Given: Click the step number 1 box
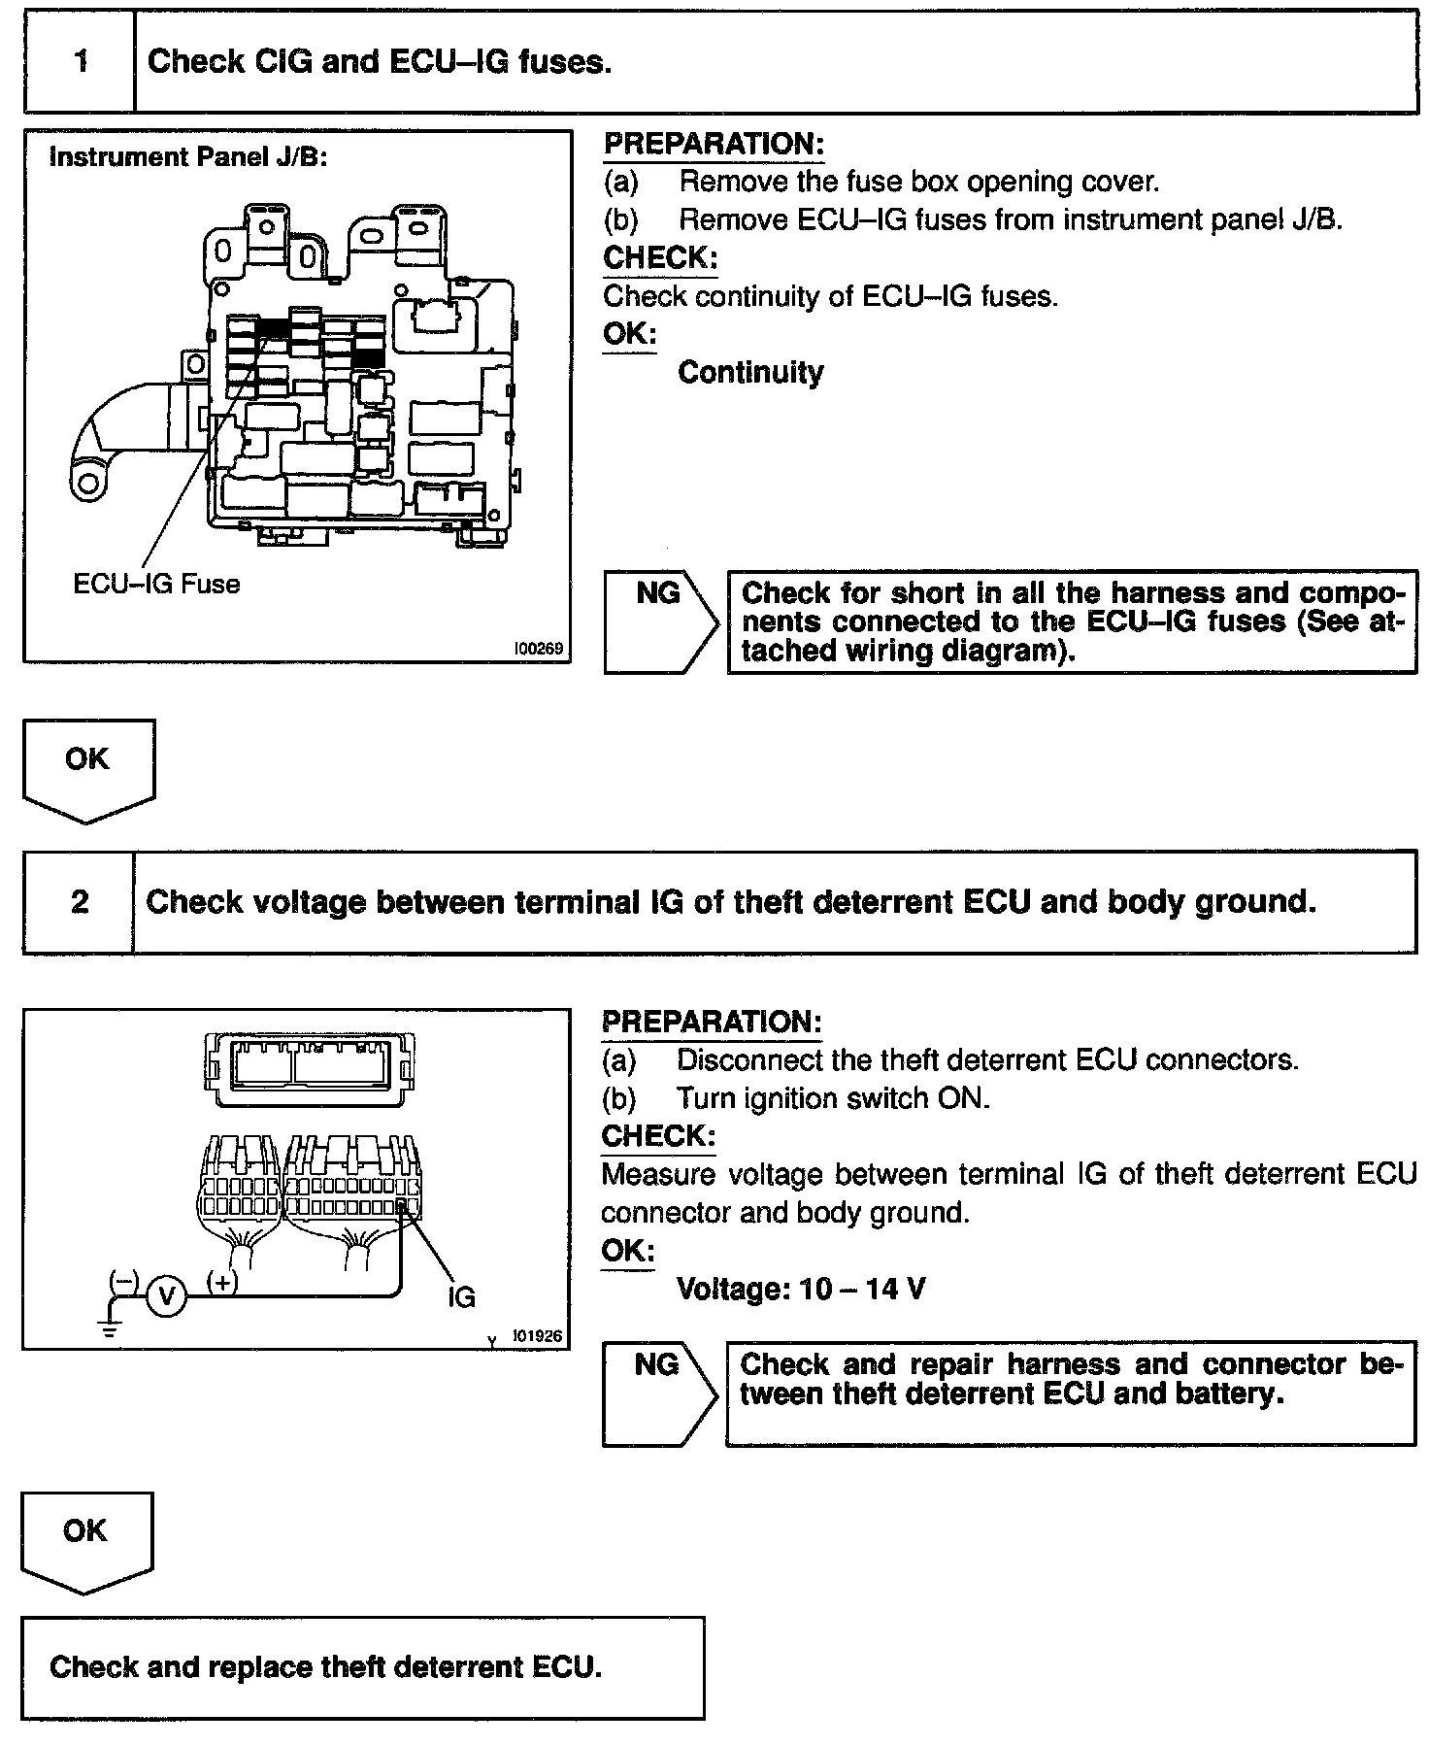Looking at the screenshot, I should coord(81,62).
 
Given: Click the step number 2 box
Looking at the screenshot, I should coord(80,902).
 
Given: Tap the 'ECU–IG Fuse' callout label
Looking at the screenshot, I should coord(156,584).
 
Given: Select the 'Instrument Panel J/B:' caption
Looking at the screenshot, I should coord(187,157).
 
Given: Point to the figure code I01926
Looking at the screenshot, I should coord(537,1336).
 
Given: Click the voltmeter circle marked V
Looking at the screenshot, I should coord(167,1296).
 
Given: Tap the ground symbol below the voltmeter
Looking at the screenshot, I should coord(112,1326).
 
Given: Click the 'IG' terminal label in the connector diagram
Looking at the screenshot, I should coord(461,1296).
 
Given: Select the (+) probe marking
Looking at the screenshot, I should coord(222,1282).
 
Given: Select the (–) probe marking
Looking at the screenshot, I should coord(123,1280).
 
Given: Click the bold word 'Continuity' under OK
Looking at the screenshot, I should coord(750,372).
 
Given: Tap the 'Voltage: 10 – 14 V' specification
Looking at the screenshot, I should coord(801,1289).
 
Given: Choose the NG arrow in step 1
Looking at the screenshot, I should coord(660,621).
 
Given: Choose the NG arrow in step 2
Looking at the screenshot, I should coord(658,1393).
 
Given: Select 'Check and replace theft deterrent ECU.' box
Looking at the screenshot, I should coord(362,1667).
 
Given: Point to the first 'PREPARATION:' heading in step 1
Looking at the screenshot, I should coord(714,144).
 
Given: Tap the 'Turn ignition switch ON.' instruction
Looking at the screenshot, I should coord(832,1098).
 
